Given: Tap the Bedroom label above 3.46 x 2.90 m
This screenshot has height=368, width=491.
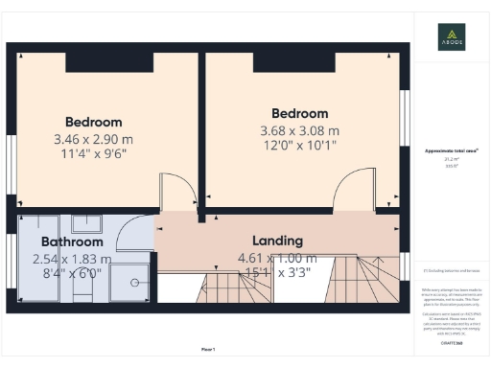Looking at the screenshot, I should coord(94,122).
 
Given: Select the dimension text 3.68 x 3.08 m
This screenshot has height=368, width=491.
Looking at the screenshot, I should coord(299,130).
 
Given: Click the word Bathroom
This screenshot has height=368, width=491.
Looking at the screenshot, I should coord(72,242).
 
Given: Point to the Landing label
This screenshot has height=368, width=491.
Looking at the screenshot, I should coord(277,241).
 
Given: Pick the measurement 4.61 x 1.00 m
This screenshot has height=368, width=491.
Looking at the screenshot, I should coord(277,257).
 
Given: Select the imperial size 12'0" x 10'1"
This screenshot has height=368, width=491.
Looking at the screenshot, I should coord(299,147).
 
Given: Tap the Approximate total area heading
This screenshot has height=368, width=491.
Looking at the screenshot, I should coord(451,151).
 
